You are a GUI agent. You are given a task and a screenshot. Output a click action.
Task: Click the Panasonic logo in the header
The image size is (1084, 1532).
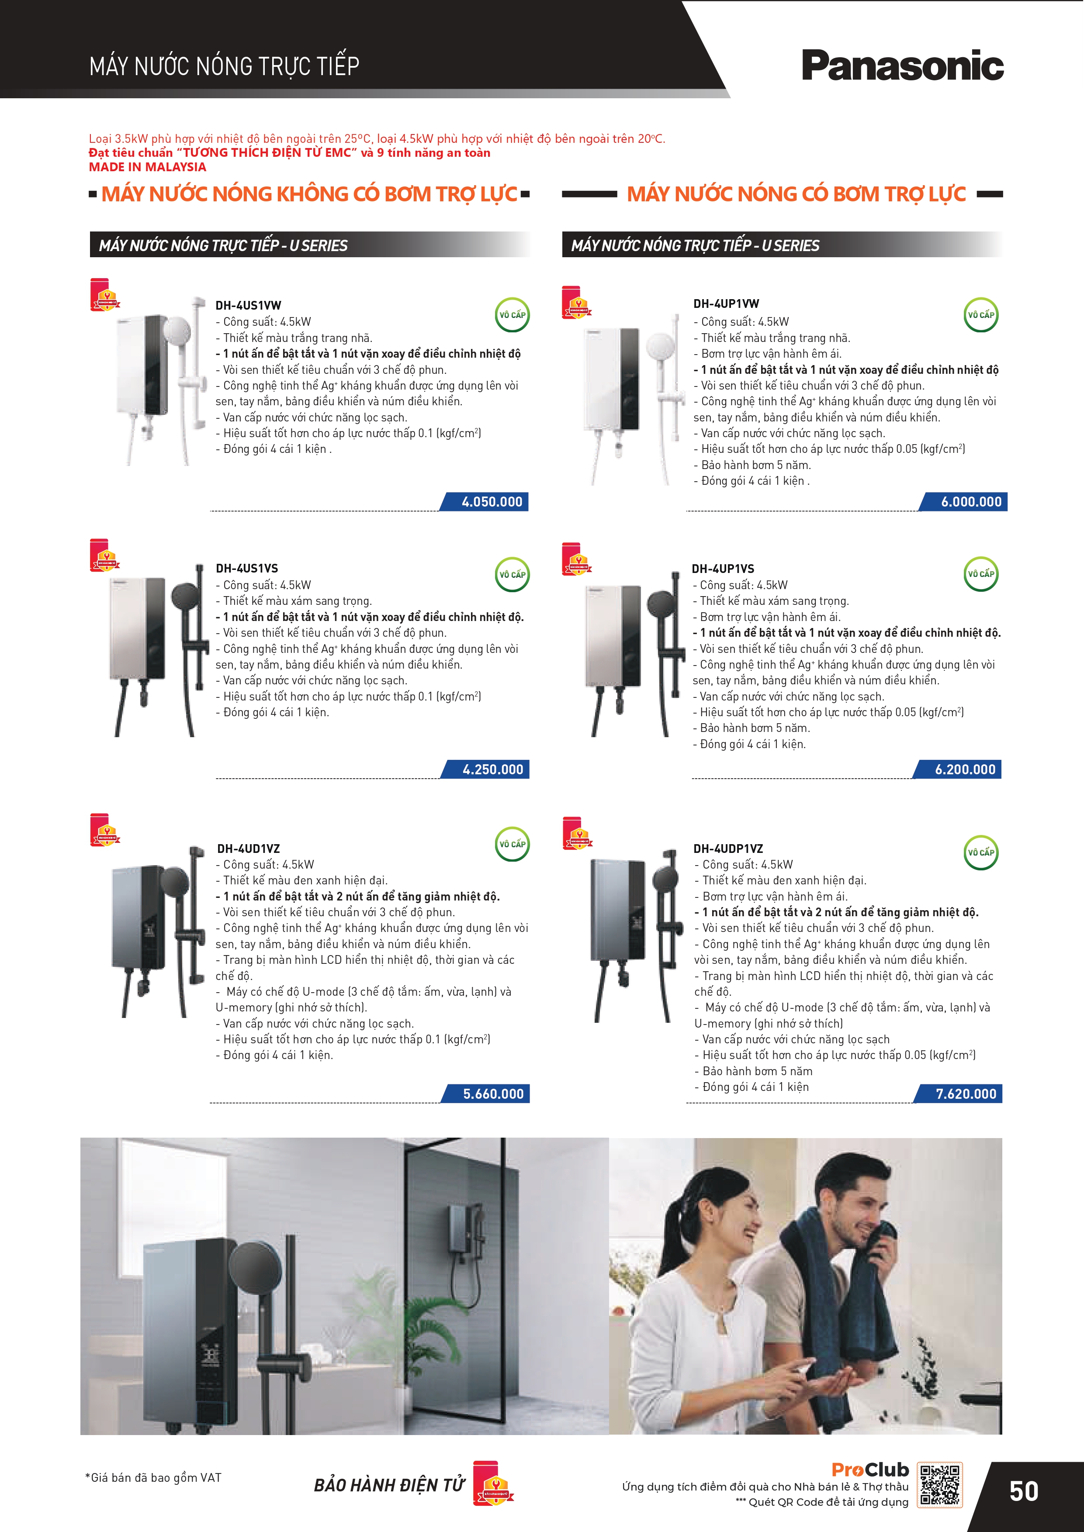click(x=902, y=66)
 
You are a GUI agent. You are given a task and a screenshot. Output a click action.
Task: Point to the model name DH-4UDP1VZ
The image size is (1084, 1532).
click(x=727, y=849)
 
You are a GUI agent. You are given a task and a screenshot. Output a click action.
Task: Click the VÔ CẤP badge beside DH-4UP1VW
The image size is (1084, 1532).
click(x=980, y=315)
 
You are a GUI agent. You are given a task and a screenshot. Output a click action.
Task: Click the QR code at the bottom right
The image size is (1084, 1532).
click(x=940, y=1485)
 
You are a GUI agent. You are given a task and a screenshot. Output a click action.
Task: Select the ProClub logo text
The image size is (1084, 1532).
click(x=870, y=1469)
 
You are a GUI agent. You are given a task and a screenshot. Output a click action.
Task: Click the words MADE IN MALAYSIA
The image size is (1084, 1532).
click(x=148, y=167)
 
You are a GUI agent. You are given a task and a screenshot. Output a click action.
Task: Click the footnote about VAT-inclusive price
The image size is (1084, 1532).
click(x=153, y=1477)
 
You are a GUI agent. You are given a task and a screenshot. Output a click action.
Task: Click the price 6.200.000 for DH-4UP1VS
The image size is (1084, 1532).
click(x=965, y=769)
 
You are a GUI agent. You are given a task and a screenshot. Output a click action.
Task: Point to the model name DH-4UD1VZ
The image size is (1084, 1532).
click(x=248, y=849)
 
